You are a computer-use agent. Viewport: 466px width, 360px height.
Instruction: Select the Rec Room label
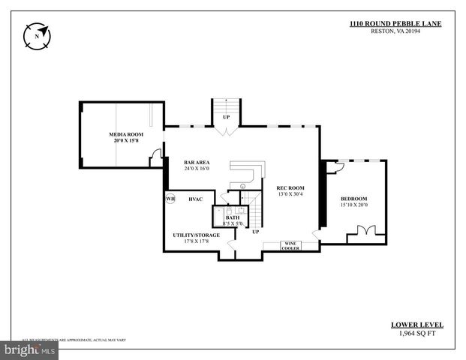click(x=290, y=187)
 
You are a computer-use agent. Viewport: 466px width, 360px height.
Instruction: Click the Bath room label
click(x=233, y=217)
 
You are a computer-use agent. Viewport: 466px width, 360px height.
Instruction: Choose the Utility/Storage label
click(x=197, y=235)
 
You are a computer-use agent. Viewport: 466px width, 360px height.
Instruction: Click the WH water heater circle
click(x=171, y=199)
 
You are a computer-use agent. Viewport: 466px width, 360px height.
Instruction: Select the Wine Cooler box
click(x=290, y=245)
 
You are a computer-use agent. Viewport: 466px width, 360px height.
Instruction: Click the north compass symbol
click(x=36, y=34)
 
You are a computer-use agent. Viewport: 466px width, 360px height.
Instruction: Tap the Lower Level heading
click(x=417, y=325)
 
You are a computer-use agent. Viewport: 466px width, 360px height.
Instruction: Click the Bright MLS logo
click(x=31, y=349)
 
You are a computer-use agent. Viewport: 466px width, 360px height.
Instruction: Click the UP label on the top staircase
click(x=226, y=117)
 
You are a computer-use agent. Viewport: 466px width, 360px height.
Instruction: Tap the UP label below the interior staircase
click(x=256, y=232)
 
